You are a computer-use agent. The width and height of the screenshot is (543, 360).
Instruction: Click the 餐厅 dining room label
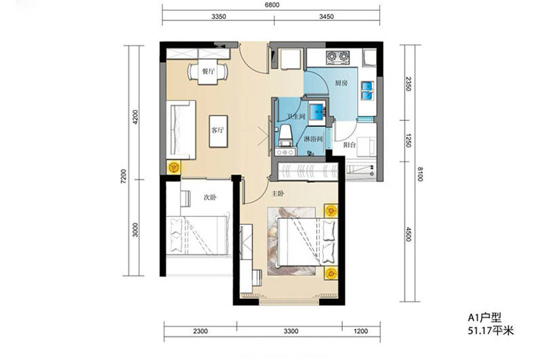point(208,72)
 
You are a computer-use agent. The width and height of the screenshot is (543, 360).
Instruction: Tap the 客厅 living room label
point(218,130)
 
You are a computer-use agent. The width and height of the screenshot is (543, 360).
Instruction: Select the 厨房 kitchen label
point(341,83)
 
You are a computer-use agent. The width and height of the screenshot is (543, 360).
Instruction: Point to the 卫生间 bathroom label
point(297,117)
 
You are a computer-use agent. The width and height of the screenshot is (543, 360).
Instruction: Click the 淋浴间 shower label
point(314,139)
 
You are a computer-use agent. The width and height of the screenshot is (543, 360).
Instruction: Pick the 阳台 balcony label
point(350,145)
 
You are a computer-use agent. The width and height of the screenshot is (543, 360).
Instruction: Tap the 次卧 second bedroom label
point(210,197)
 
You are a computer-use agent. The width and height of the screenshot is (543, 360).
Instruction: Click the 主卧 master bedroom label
point(278,194)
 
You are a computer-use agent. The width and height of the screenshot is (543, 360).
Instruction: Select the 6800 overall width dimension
point(272,5)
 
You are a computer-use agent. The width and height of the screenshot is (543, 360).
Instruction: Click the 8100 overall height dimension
point(420,174)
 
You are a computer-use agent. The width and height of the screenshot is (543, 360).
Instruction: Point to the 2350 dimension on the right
point(409,84)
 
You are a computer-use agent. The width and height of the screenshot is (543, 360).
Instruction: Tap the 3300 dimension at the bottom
point(291,331)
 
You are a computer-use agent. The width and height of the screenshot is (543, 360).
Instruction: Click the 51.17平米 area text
point(491,331)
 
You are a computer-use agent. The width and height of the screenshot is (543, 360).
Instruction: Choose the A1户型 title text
point(485,317)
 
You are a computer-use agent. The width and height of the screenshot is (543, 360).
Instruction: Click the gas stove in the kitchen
point(337,56)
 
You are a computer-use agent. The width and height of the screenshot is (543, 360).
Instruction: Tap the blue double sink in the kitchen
point(367,90)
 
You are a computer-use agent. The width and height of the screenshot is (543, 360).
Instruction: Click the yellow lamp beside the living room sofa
point(174,168)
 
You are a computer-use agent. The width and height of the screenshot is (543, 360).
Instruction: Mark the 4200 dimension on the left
point(135,117)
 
